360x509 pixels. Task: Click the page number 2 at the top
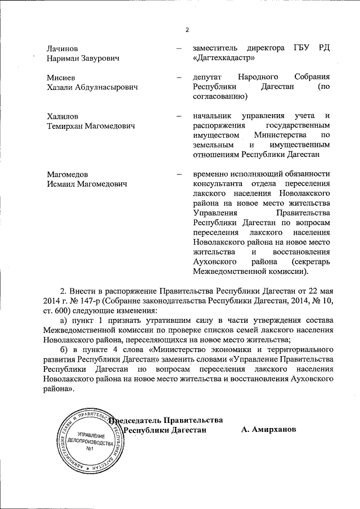(187, 30)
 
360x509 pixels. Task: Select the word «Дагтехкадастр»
(223, 58)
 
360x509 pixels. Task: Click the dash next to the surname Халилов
(178, 116)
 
